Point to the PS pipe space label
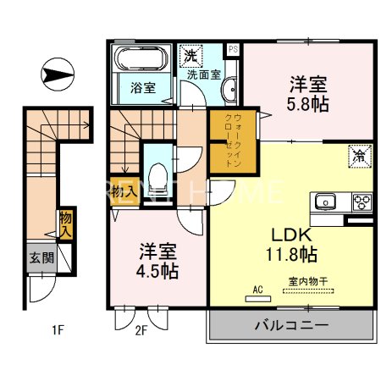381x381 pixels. coord(233,49)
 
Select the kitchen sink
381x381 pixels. coord(324,202)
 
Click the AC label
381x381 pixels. coord(257,288)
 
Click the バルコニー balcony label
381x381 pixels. coord(289,324)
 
